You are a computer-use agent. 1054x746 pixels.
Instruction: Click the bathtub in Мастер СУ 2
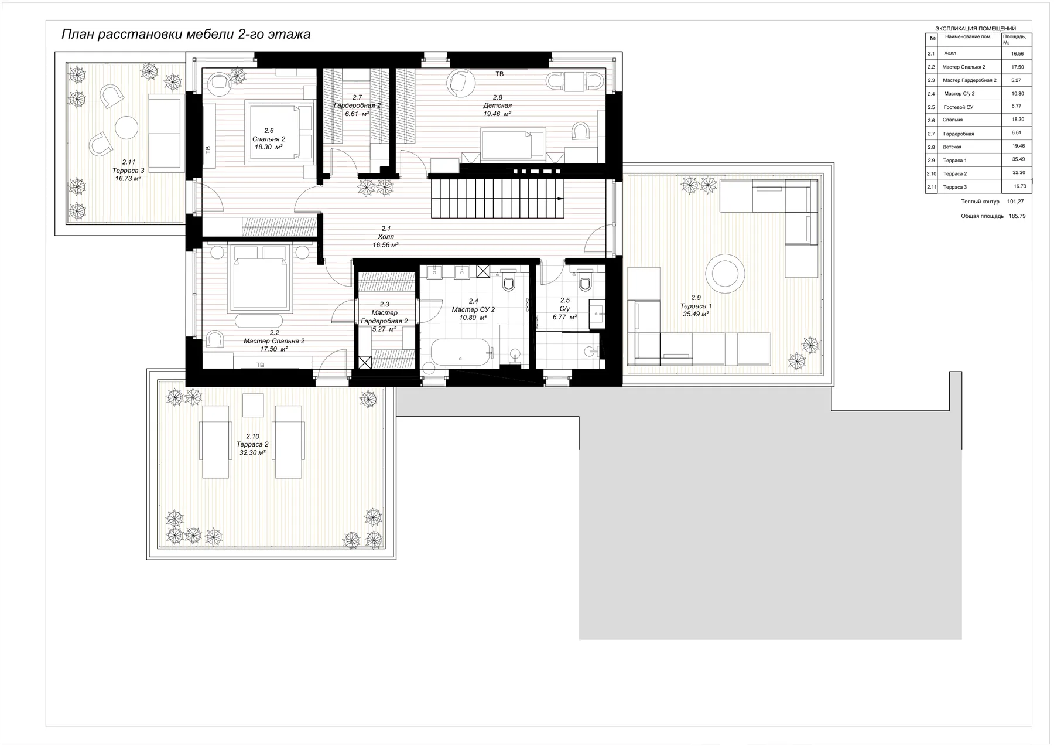pos(460,352)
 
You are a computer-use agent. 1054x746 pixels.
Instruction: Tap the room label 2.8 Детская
pos(497,105)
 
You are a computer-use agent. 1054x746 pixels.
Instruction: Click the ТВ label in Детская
pos(499,74)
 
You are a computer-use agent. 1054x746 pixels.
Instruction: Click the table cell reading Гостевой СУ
pos(959,107)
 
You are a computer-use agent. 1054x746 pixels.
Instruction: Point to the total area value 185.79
pos(1017,216)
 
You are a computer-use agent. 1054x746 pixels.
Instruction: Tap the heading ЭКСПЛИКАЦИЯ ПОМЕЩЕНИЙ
pos(976,28)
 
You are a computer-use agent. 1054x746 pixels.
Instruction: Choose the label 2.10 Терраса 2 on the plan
pos(252,444)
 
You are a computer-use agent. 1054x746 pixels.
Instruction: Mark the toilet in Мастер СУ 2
pos(508,281)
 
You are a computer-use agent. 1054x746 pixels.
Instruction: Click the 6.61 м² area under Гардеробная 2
pos(357,114)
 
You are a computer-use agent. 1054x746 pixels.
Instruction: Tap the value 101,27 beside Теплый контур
pos(1016,202)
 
